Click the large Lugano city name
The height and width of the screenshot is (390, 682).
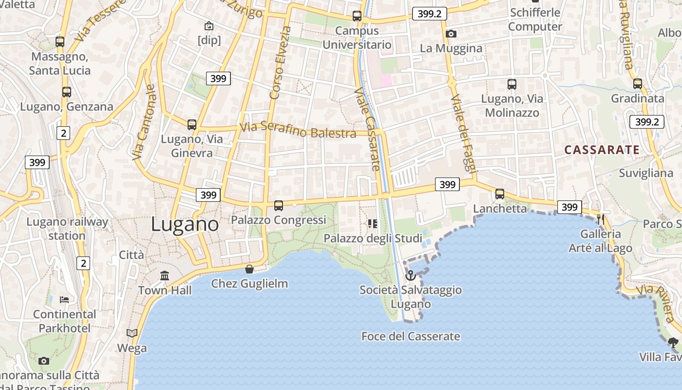[185, 224]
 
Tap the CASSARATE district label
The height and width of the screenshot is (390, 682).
[602, 150]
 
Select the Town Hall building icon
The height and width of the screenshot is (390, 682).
[165, 276]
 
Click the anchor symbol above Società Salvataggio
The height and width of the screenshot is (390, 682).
[411, 276]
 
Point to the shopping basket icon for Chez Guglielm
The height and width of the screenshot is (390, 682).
[249, 269]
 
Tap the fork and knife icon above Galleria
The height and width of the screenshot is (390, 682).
[601, 219]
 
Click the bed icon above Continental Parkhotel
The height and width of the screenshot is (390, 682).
[64, 299]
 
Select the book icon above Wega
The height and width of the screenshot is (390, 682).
[132, 333]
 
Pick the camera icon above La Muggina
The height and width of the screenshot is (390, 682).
[451, 34]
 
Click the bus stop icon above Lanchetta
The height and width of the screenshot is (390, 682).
[500, 194]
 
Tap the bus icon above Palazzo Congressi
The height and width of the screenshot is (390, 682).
[279, 206]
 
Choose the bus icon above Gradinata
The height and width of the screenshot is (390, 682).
[638, 84]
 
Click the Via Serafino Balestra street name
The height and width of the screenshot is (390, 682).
[298, 131]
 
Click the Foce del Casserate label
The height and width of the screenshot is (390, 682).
[411, 336]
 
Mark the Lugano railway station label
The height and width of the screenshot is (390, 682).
[67, 229]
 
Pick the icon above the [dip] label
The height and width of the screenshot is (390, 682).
[209, 25]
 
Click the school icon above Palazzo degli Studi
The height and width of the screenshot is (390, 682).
[373, 224]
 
